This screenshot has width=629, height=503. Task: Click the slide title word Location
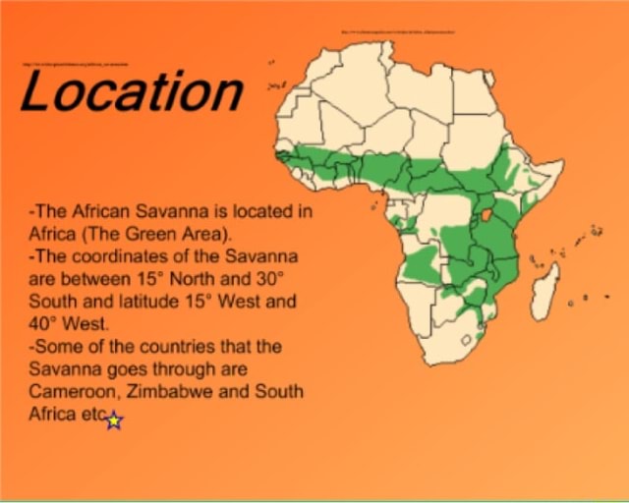point(131,91)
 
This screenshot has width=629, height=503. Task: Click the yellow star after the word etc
point(114,420)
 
